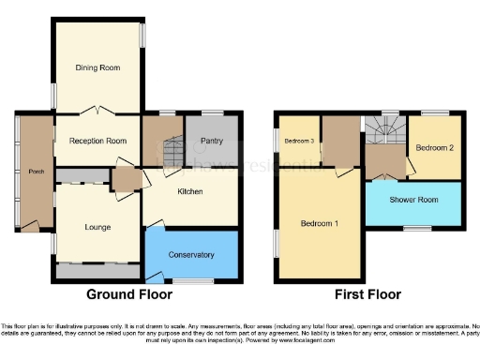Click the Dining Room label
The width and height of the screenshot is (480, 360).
pyautogui.click(x=98, y=67)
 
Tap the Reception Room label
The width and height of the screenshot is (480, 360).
pyautogui.click(x=97, y=141)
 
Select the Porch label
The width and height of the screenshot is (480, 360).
pyautogui.click(x=35, y=172)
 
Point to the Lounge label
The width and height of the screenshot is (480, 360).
pyautogui.click(x=97, y=227)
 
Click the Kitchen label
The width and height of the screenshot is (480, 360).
pyautogui.click(x=190, y=190)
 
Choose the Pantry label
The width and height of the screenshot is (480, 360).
pyautogui.click(x=213, y=141)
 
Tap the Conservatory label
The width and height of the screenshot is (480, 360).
pyautogui.click(x=191, y=254)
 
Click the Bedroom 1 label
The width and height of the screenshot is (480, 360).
pyautogui.click(x=320, y=225)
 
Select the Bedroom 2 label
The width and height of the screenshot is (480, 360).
pyautogui.click(x=434, y=147)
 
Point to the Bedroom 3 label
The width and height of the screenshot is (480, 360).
pyautogui.click(x=299, y=141)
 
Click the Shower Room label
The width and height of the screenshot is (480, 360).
pyautogui.click(x=414, y=200)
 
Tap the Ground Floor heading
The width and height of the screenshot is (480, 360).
pyautogui.click(x=129, y=293)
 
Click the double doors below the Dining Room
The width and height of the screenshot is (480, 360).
pyautogui.click(x=98, y=112)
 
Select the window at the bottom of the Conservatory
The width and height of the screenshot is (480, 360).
pyautogui.click(x=192, y=281)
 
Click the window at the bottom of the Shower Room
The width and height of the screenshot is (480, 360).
pyautogui.click(x=417, y=228)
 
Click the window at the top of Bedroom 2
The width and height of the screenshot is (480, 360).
pyautogui.click(x=435, y=114)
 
